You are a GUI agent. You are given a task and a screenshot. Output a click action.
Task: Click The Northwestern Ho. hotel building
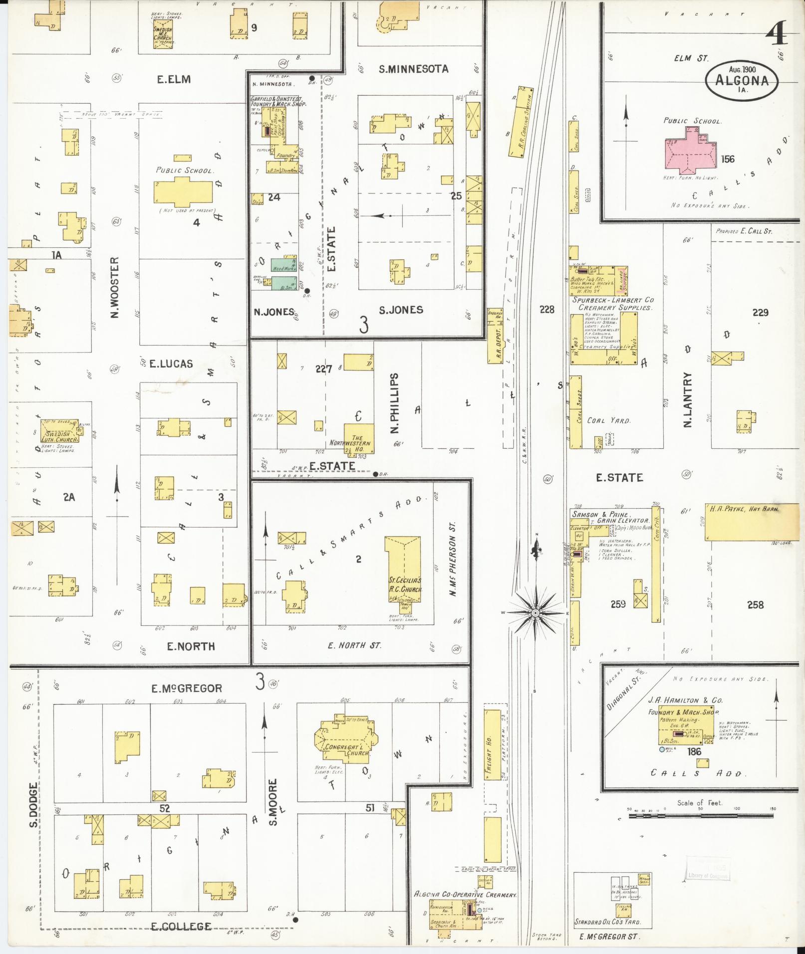(x=358, y=439)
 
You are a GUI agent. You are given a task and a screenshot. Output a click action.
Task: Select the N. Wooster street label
(x=115, y=288)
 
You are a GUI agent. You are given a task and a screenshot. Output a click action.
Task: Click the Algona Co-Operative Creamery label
(x=465, y=894)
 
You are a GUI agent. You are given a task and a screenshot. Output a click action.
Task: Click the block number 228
(x=546, y=310)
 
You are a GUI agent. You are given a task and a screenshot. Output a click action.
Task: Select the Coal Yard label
(x=608, y=420)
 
